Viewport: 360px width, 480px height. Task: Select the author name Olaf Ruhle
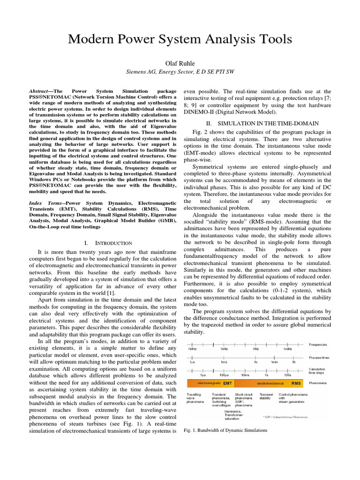point(180,63)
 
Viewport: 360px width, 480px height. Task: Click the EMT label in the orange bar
point(227,382)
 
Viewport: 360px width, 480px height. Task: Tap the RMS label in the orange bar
point(296,382)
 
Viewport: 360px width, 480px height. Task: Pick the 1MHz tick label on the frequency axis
point(192,349)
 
